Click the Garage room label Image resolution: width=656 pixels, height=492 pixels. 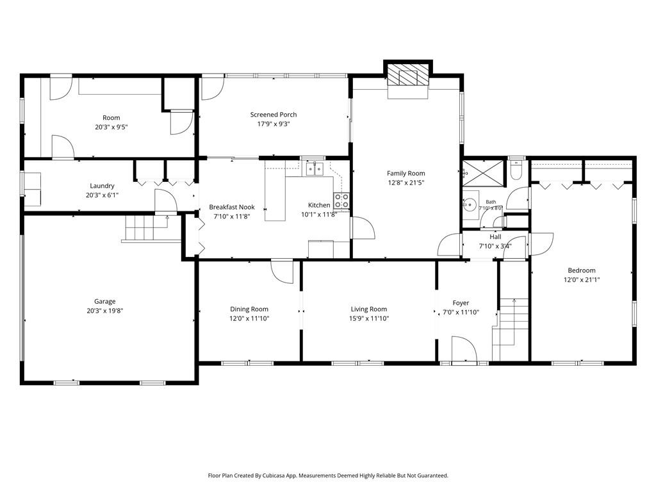click(x=104, y=301)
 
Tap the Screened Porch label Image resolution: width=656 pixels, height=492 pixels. click(x=274, y=115)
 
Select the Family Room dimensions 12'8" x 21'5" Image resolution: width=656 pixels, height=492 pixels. click(x=406, y=183)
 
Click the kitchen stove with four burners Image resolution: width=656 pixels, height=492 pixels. click(x=341, y=201)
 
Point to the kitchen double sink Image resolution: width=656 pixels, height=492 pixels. click(x=315, y=169)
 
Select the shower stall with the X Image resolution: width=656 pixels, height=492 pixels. click(x=484, y=172)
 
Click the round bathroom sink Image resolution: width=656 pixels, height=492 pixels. click(x=471, y=204)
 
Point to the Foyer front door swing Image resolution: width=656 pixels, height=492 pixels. click(x=464, y=348)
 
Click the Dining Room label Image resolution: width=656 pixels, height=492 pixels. click(x=249, y=309)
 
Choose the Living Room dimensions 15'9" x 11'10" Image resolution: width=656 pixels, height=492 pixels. click(x=369, y=318)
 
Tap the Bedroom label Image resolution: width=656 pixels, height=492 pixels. click(x=582, y=270)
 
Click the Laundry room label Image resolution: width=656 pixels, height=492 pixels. click(x=102, y=186)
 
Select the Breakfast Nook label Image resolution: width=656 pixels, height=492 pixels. click(x=232, y=207)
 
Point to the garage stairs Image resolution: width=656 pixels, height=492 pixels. click(x=151, y=228)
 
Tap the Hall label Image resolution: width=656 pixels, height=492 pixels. click(x=495, y=237)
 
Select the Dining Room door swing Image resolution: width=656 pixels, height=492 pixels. click(x=282, y=272)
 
